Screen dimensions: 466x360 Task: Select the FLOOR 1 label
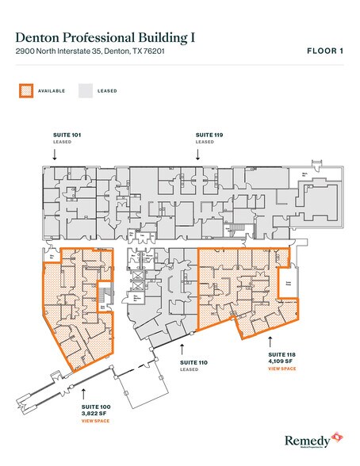point(324,52)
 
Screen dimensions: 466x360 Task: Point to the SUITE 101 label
point(54,136)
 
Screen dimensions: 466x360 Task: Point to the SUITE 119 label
point(208,136)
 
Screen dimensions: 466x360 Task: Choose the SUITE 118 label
point(281,354)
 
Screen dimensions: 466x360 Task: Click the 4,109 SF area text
point(281,361)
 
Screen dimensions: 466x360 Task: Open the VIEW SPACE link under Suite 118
point(282,369)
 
